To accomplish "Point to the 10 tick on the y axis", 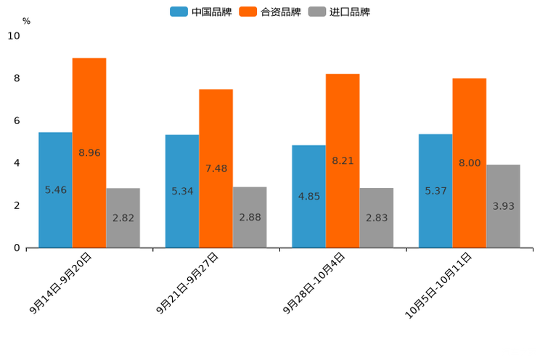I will point(14,36).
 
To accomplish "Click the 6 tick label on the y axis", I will point(17,120).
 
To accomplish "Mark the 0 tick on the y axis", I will point(17,248).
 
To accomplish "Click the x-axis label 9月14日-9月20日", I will point(62,283).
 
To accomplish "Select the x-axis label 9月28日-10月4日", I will point(314,283).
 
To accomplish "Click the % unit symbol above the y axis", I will point(26,21).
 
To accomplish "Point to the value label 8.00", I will point(470,163).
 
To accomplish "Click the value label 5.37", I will point(435,191).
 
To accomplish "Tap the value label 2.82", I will point(123,218).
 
